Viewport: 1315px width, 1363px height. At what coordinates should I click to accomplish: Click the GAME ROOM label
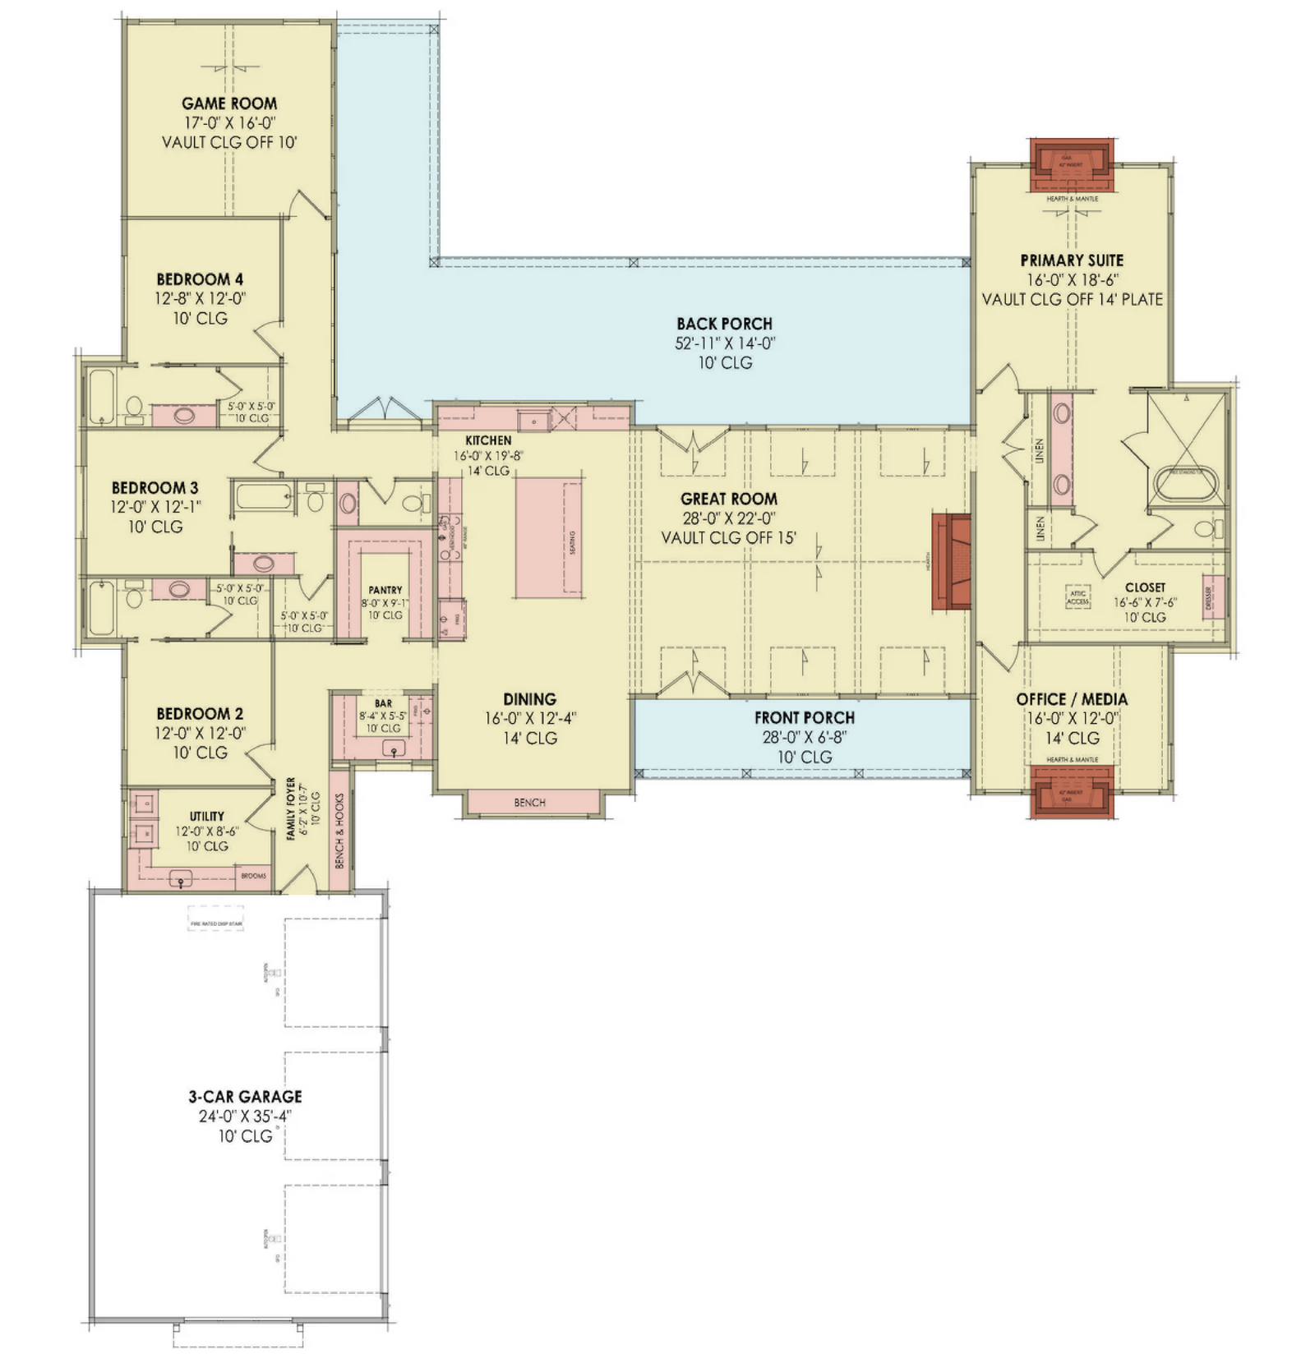tap(228, 104)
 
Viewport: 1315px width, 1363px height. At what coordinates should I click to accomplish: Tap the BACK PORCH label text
tap(724, 324)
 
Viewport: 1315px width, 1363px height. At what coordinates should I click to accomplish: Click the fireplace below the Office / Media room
tap(1071, 792)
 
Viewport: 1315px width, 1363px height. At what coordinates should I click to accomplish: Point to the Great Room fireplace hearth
tap(950, 562)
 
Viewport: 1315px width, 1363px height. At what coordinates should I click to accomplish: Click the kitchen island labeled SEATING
tap(548, 537)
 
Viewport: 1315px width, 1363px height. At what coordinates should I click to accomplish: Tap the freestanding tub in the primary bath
tap(1186, 485)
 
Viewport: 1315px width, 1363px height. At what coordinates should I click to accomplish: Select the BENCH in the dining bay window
tap(530, 803)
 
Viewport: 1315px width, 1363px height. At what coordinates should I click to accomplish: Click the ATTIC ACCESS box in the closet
tap(1077, 597)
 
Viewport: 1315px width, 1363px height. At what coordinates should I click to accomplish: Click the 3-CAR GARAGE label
tap(245, 1096)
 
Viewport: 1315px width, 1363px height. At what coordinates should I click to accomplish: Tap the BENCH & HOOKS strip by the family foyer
tap(339, 830)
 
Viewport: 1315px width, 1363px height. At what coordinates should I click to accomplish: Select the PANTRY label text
tap(385, 590)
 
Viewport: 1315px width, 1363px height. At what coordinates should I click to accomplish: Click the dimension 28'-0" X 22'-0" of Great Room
tap(728, 518)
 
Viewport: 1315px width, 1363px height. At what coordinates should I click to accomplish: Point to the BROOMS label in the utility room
tap(253, 876)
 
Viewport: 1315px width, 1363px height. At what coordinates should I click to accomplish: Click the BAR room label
tap(383, 703)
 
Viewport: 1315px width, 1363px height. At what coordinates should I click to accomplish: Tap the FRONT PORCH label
tap(804, 718)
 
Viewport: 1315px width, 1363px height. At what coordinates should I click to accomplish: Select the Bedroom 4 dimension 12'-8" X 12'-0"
tap(200, 299)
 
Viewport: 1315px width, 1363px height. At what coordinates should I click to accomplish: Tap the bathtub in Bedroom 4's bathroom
tap(101, 397)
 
